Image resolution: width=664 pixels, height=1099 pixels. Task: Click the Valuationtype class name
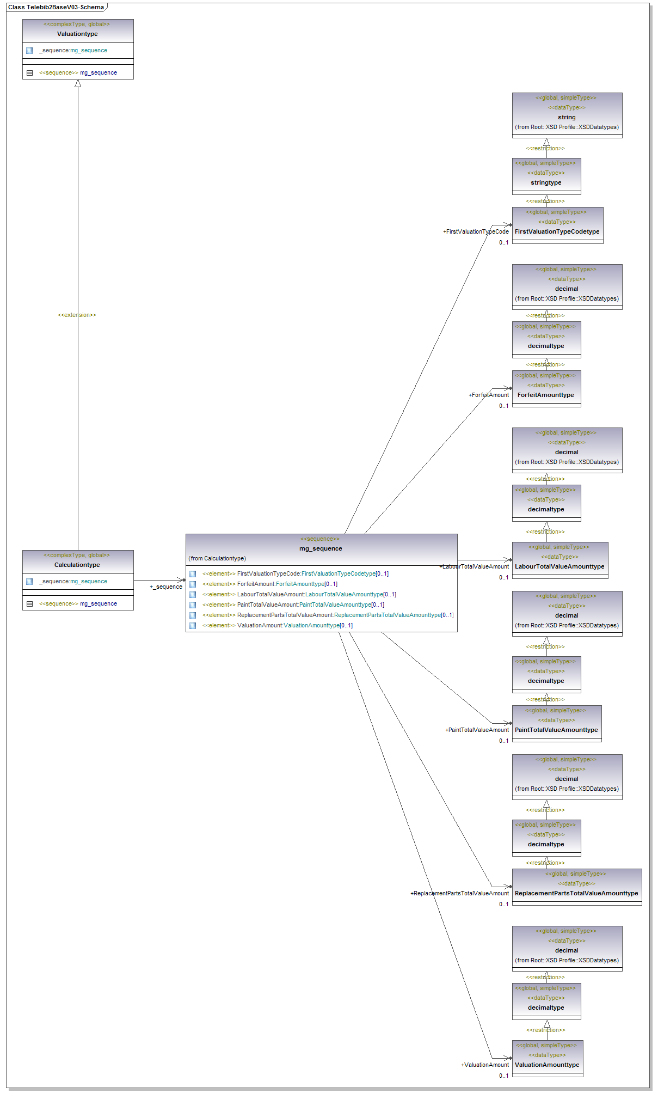point(77,34)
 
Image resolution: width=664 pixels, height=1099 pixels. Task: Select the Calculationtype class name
point(77,565)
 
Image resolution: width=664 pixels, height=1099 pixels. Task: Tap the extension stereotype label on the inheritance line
point(77,315)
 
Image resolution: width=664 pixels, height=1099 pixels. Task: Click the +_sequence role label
point(166,587)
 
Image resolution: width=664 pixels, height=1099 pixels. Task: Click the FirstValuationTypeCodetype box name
point(557,231)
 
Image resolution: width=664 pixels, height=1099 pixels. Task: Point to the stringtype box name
point(546,182)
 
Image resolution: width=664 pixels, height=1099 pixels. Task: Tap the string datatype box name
point(567,117)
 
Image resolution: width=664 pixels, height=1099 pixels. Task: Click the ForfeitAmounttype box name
point(545,395)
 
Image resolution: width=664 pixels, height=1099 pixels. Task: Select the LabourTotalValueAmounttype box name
point(560,566)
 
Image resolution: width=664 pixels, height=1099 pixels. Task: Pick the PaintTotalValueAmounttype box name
point(556,730)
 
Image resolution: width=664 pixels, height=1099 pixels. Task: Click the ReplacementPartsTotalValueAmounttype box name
point(576,893)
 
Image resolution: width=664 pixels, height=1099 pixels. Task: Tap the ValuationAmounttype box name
point(547,1065)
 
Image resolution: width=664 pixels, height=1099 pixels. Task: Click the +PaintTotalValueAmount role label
point(477,730)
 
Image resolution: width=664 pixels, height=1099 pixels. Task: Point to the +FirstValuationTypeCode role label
point(476,231)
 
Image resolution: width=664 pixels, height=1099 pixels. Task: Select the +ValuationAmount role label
point(485,1065)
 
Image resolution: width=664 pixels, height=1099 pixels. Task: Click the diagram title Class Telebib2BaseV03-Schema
point(56,7)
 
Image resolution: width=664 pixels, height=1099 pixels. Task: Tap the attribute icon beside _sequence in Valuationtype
point(29,51)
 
